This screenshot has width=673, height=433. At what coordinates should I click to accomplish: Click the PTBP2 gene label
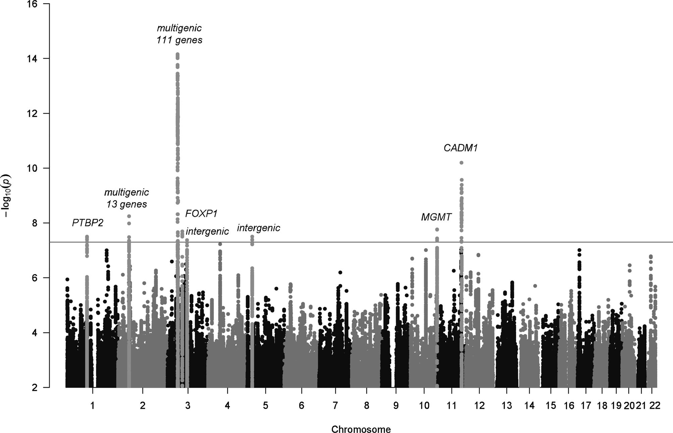click(x=87, y=223)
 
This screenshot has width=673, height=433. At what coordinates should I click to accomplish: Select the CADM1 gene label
click(x=461, y=148)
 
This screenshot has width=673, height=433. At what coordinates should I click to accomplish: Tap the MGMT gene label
click(x=436, y=218)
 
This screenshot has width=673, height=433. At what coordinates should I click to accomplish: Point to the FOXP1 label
click(x=201, y=214)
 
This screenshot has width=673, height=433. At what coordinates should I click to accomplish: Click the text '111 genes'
click(x=179, y=41)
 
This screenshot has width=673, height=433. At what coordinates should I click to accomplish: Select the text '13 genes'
click(x=127, y=204)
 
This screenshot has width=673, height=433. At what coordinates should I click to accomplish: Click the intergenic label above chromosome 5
click(x=258, y=228)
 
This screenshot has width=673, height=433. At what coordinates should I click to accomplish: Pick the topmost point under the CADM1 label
click(x=461, y=163)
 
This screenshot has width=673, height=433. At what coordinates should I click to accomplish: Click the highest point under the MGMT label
click(x=437, y=230)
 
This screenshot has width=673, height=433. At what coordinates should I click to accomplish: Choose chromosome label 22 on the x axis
click(x=654, y=406)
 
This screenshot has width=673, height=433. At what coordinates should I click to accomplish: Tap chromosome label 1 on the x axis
click(x=93, y=406)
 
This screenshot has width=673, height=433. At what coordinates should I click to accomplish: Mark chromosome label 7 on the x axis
click(x=335, y=406)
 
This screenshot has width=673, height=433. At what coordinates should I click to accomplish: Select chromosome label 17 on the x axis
click(x=586, y=406)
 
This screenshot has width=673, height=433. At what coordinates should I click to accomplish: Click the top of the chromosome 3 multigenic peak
click(x=178, y=54)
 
